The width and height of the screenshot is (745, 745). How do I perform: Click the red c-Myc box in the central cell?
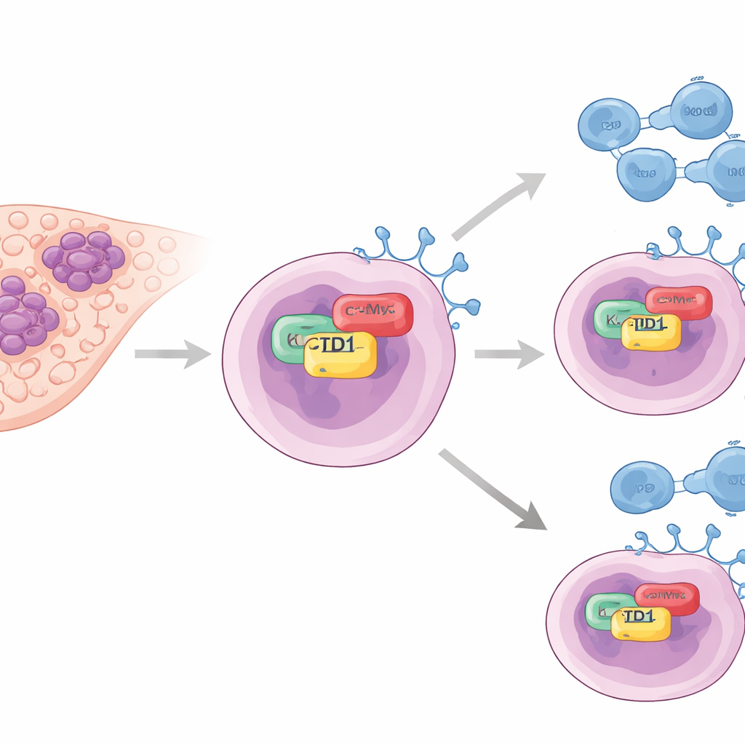point(373,314)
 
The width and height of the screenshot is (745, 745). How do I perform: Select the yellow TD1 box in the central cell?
point(340,354)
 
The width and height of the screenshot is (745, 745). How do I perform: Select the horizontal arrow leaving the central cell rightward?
point(509,354)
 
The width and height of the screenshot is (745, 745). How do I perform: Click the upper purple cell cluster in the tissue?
point(83,260)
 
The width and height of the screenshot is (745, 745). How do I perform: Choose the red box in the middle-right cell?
point(679,302)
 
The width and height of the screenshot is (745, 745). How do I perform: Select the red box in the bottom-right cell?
point(667,597)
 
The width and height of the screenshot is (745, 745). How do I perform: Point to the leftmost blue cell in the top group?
point(608,124)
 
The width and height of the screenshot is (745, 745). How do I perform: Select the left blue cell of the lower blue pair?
point(641,487)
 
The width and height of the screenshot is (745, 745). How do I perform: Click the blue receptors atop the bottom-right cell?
point(684,541)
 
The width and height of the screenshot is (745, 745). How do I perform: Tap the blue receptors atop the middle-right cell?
point(698,244)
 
